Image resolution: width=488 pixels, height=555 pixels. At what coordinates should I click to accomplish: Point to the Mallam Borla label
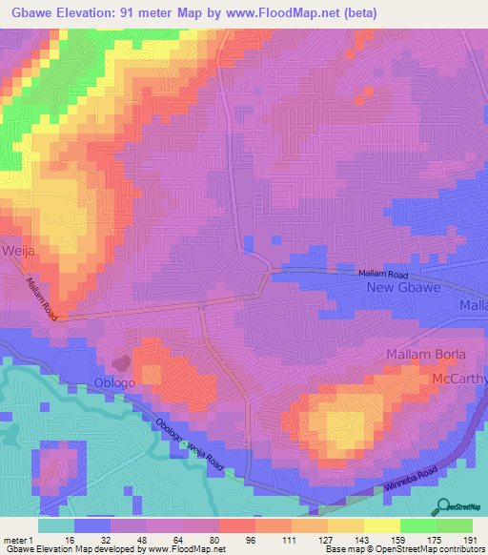click(x=426, y=355)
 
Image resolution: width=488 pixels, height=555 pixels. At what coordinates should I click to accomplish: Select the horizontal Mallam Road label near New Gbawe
click(x=382, y=274)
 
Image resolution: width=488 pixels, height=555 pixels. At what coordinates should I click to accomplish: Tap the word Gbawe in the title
click(x=31, y=13)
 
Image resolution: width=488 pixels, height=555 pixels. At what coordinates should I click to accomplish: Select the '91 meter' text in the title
click(x=152, y=13)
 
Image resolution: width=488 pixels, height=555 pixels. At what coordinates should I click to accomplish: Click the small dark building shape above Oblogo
click(x=121, y=363)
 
